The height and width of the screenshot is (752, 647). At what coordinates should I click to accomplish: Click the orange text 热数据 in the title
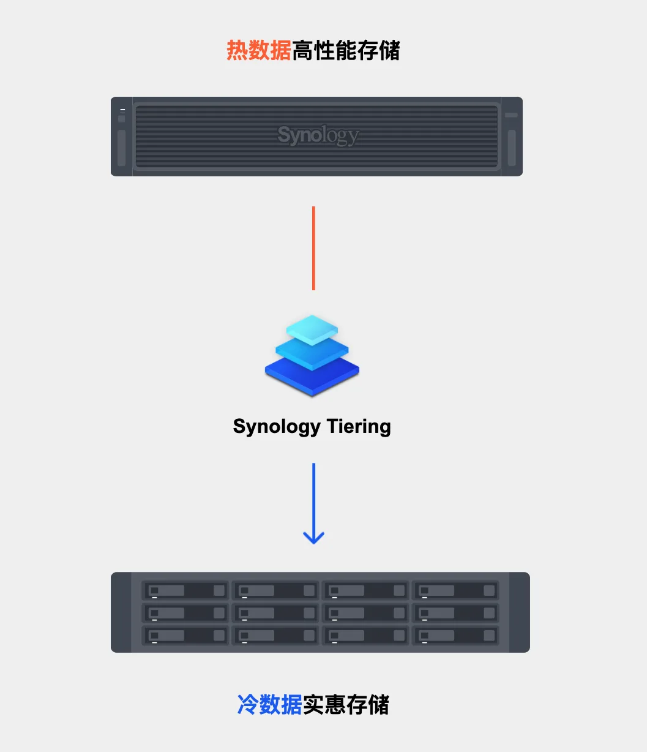258,51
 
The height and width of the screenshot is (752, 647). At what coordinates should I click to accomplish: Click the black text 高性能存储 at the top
346,51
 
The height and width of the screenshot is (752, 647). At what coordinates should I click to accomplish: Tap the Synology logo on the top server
318,135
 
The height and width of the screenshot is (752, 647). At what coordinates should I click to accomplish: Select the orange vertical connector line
313,248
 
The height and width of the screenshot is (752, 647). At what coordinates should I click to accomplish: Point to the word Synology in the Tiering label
276,426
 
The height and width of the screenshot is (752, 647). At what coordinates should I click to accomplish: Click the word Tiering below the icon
358,426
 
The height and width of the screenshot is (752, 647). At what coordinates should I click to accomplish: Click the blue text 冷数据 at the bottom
269,705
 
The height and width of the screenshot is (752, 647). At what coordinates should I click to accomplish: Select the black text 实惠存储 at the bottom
346,705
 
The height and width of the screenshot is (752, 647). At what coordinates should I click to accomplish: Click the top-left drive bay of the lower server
185,590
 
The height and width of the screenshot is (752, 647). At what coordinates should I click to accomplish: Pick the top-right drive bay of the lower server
455,590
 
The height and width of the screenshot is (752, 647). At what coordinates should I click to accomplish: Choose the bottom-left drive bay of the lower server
185,635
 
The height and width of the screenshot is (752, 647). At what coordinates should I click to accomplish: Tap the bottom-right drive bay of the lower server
455,635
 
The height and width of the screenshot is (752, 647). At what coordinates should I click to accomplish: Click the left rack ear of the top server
121,137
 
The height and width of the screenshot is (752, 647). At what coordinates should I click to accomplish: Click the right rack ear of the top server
512,137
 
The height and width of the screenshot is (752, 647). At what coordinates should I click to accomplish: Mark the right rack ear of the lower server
519,612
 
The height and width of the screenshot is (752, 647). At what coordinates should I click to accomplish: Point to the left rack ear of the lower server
121,612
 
